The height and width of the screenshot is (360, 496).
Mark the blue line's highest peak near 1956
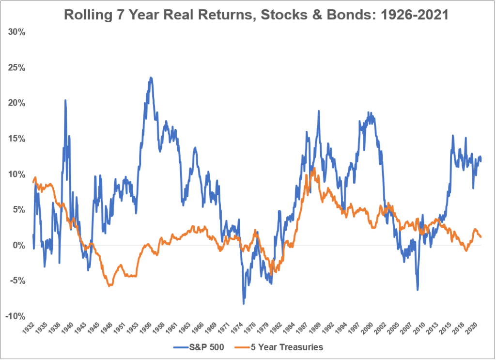click(x=151, y=78)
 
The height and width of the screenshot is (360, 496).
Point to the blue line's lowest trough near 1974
click(x=244, y=304)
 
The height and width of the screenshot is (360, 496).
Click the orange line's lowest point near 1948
click(x=110, y=286)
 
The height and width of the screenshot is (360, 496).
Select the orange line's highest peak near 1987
click(x=314, y=168)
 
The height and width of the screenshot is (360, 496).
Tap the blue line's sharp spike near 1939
click(x=65, y=100)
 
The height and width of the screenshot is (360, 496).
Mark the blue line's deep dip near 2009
click(x=418, y=290)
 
